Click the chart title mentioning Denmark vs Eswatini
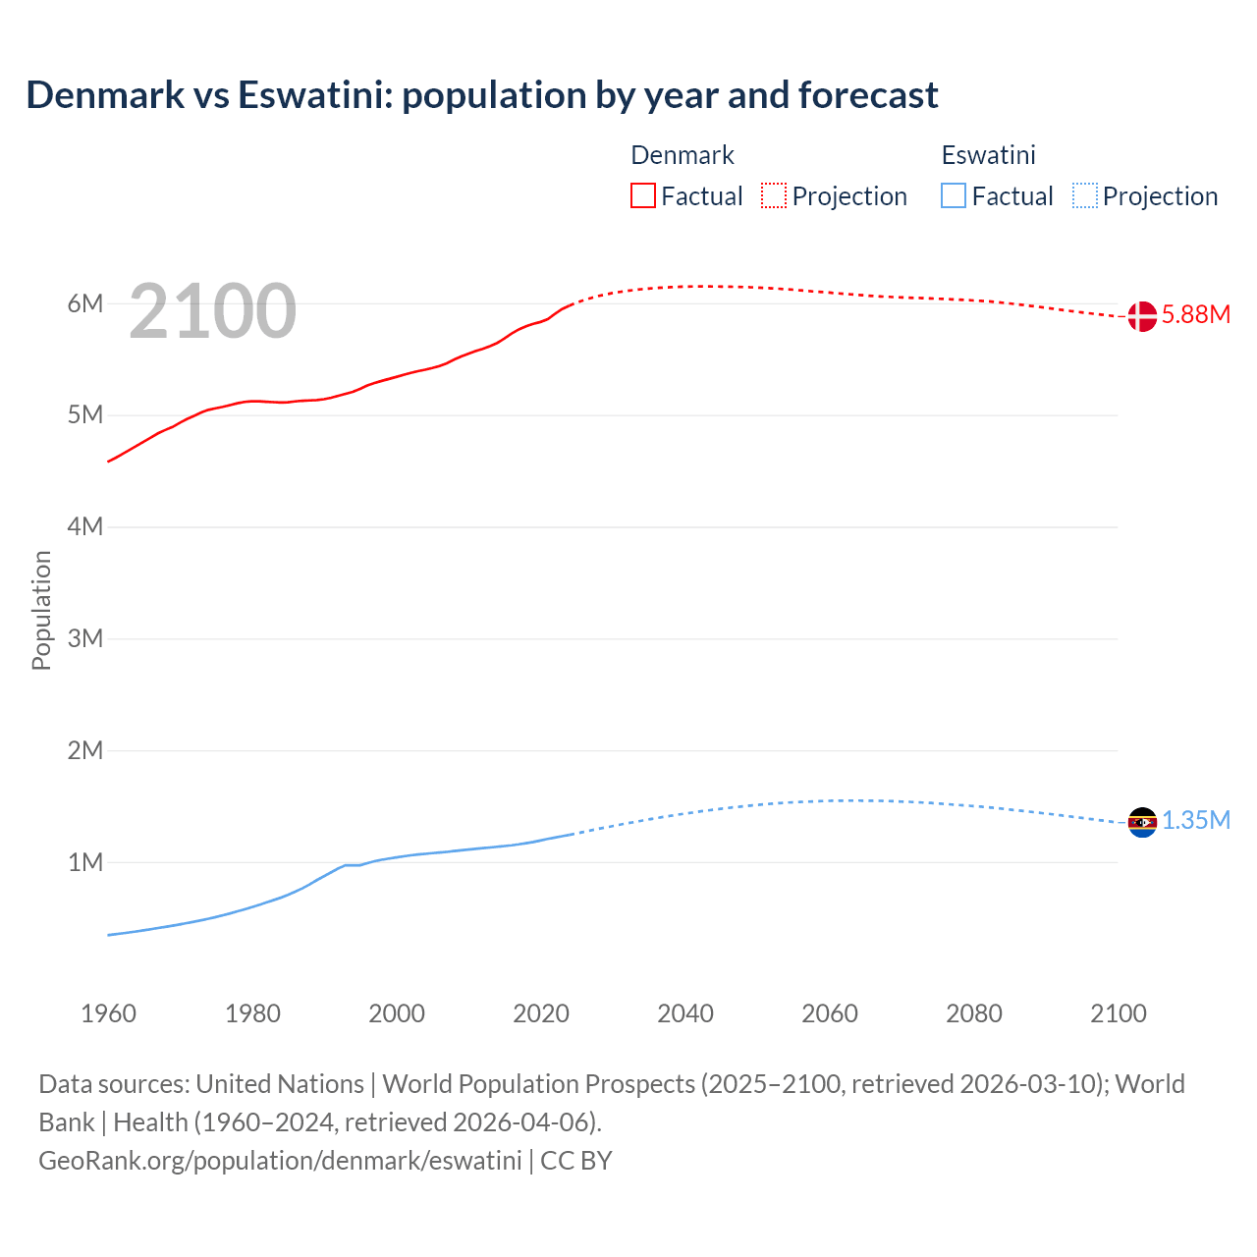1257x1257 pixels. coord(481,95)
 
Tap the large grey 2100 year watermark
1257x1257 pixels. coord(212,311)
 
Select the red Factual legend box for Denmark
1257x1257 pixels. coord(642,196)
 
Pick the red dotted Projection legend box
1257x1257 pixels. coord(774,196)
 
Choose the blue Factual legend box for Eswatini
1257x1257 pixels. coord(953,196)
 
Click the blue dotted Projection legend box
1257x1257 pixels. coord(1085,196)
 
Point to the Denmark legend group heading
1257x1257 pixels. coord(682,155)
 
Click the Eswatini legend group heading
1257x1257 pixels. coord(988,155)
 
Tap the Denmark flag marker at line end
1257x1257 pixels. coord(1142,316)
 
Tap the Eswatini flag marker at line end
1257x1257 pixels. coord(1142,822)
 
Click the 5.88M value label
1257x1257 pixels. coord(1195,315)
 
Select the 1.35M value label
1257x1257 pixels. coord(1195,821)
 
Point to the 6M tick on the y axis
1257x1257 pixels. coord(85,303)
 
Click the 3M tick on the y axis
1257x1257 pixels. coord(85,638)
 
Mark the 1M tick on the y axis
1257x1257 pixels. coord(85,862)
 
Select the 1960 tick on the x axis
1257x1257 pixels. coord(108,1013)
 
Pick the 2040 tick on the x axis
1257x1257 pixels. coord(685,1013)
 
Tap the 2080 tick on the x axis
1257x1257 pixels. coord(974,1013)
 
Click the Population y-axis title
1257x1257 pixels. coord(41,610)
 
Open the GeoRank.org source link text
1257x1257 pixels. coord(280,1161)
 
